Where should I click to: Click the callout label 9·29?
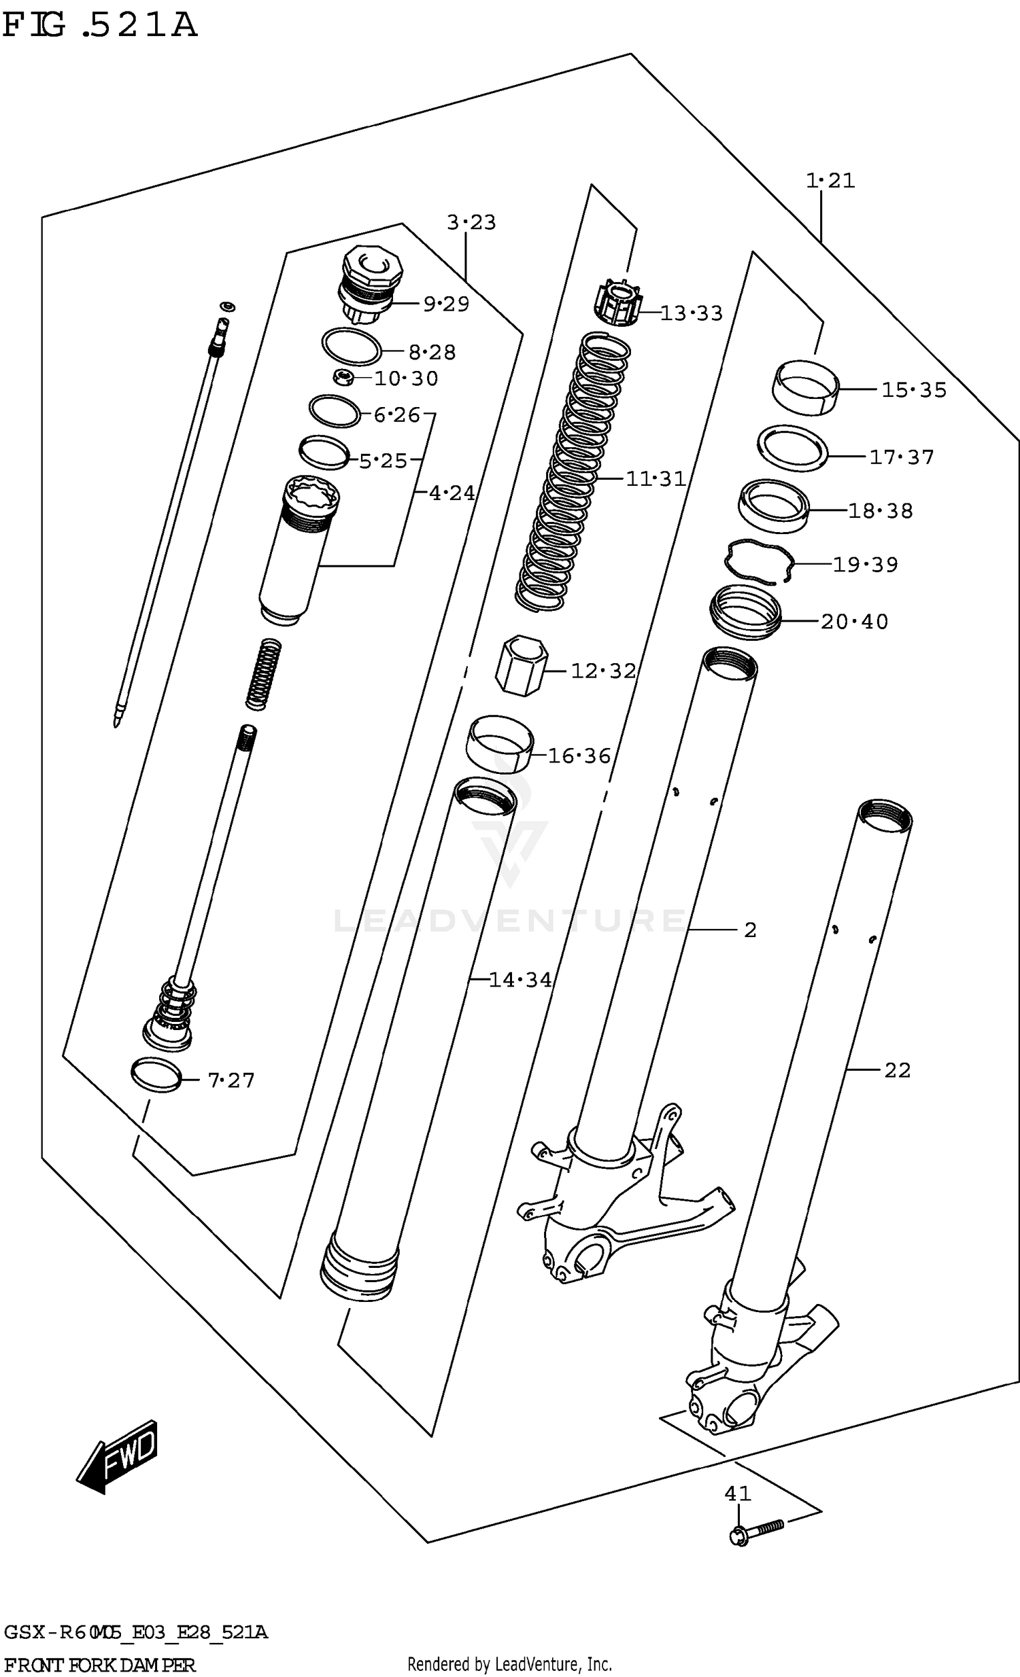point(446,304)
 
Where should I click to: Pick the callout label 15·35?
point(913,390)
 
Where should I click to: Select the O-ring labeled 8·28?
point(351,347)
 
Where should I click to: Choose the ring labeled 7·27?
point(156,1075)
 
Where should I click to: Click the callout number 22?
point(897,1071)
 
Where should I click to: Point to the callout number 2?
point(749,930)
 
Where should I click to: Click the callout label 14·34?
point(520,980)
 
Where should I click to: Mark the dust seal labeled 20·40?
point(745,612)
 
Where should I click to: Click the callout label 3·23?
point(471,223)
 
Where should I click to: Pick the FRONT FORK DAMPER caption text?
point(100,1665)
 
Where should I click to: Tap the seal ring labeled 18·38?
point(774,506)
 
